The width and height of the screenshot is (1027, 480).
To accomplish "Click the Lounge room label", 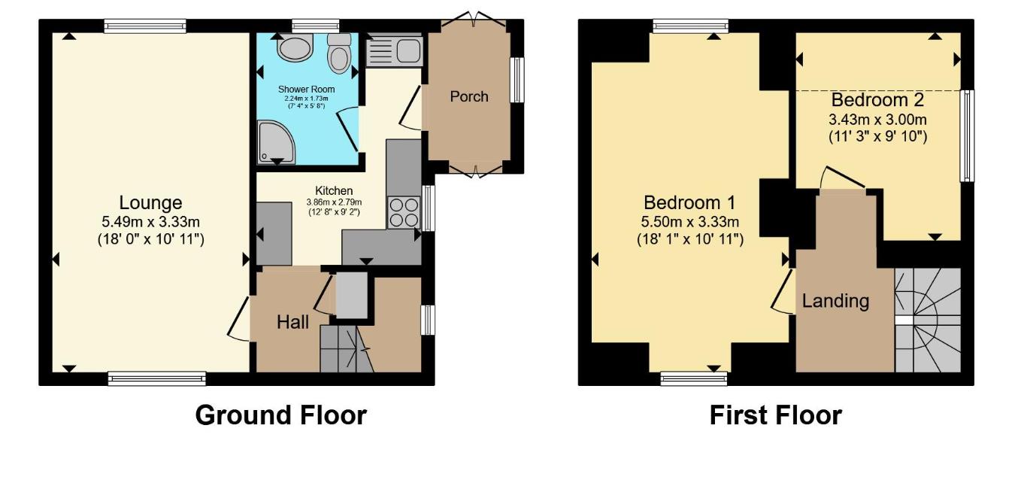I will click(150, 202).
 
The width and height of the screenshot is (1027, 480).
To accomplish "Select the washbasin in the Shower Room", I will click(290, 50).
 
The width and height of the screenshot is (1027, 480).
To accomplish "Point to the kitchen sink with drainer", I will click(394, 51).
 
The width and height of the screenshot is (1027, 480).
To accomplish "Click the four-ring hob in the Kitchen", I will click(404, 211).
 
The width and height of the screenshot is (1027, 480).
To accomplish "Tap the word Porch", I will click(468, 96).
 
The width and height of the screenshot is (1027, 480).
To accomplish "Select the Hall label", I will click(292, 323).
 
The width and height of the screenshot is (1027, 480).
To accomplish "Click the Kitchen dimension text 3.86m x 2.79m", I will click(333, 202).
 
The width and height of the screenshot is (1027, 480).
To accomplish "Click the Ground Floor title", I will click(280, 415).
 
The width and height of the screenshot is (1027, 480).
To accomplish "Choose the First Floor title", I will click(775, 415).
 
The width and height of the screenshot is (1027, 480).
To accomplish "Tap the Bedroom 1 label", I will click(689, 202).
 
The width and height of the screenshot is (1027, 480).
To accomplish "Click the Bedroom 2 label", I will click(877, 100).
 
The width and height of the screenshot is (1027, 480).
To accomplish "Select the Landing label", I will click(835, 301).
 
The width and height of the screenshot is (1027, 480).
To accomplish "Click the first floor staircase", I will click(927, 320).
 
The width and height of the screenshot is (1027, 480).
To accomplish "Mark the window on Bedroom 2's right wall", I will click(968, 135).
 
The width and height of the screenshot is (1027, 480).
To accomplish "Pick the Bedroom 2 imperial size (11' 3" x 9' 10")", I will click(877, 136).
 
